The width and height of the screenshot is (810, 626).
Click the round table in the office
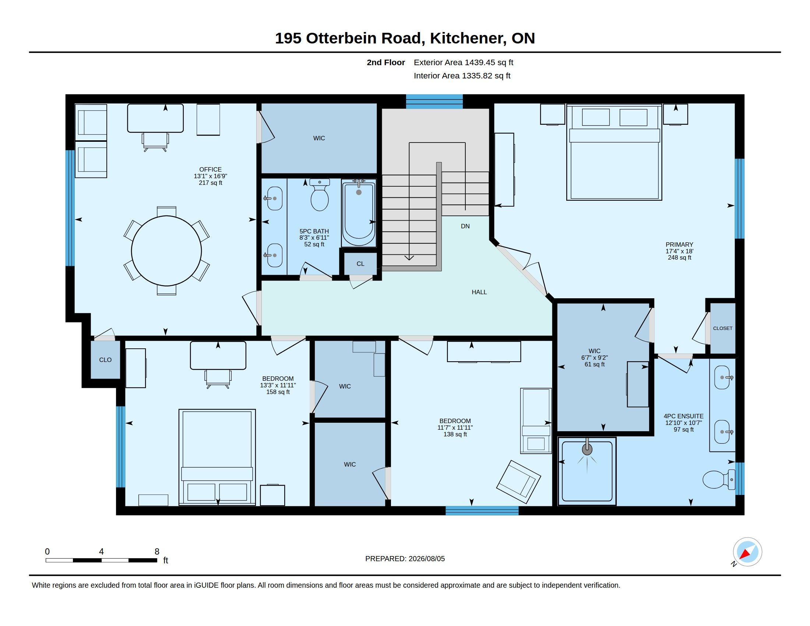click(x=166, y=251)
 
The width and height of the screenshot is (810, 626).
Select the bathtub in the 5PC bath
click(x=359, y=214)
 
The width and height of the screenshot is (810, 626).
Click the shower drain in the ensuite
click(x=587, y=450)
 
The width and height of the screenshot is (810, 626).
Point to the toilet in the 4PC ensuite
click(x=719, y=479)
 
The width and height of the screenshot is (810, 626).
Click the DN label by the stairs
click(x=465, y=226)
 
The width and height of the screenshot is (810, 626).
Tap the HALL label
click(x=479, y=292)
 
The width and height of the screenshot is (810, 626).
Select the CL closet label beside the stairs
click(x=360, y=264)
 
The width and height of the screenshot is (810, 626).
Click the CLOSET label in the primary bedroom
click(x=723, y=328)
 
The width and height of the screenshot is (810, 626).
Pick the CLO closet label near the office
click(x=105, y=360)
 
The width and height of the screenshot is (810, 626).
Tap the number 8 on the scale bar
click(x=157, y=552)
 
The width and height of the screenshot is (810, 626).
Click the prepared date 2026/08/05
click(x=426, y=559)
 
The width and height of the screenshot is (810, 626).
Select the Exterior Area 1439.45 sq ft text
click(x=464, y=62)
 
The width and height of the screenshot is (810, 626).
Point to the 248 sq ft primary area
click(x=679, y=257)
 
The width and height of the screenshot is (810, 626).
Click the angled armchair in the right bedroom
click(x=518, y=482)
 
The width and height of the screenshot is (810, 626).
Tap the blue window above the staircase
click(x=434, y=101)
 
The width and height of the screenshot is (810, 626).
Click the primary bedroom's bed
click(x=614, y=152)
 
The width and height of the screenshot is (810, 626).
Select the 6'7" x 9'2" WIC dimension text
click(x=595, y=358)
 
